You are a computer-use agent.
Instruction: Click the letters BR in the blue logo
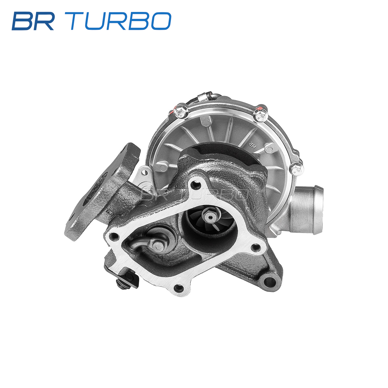(33, 21)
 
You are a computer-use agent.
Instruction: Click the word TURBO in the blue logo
(121, 21)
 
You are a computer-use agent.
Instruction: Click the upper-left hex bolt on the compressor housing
(181, 112)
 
